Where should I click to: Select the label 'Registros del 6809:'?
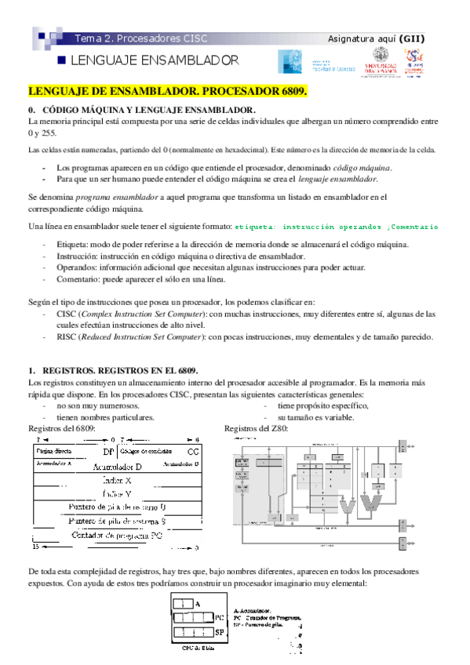pos(62,429)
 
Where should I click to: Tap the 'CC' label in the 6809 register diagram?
pos(192,452)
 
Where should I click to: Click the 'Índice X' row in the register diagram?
pos(118,479)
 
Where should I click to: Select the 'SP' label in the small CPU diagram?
pos(219,630)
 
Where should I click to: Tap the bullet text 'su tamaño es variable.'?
pos(316,417)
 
